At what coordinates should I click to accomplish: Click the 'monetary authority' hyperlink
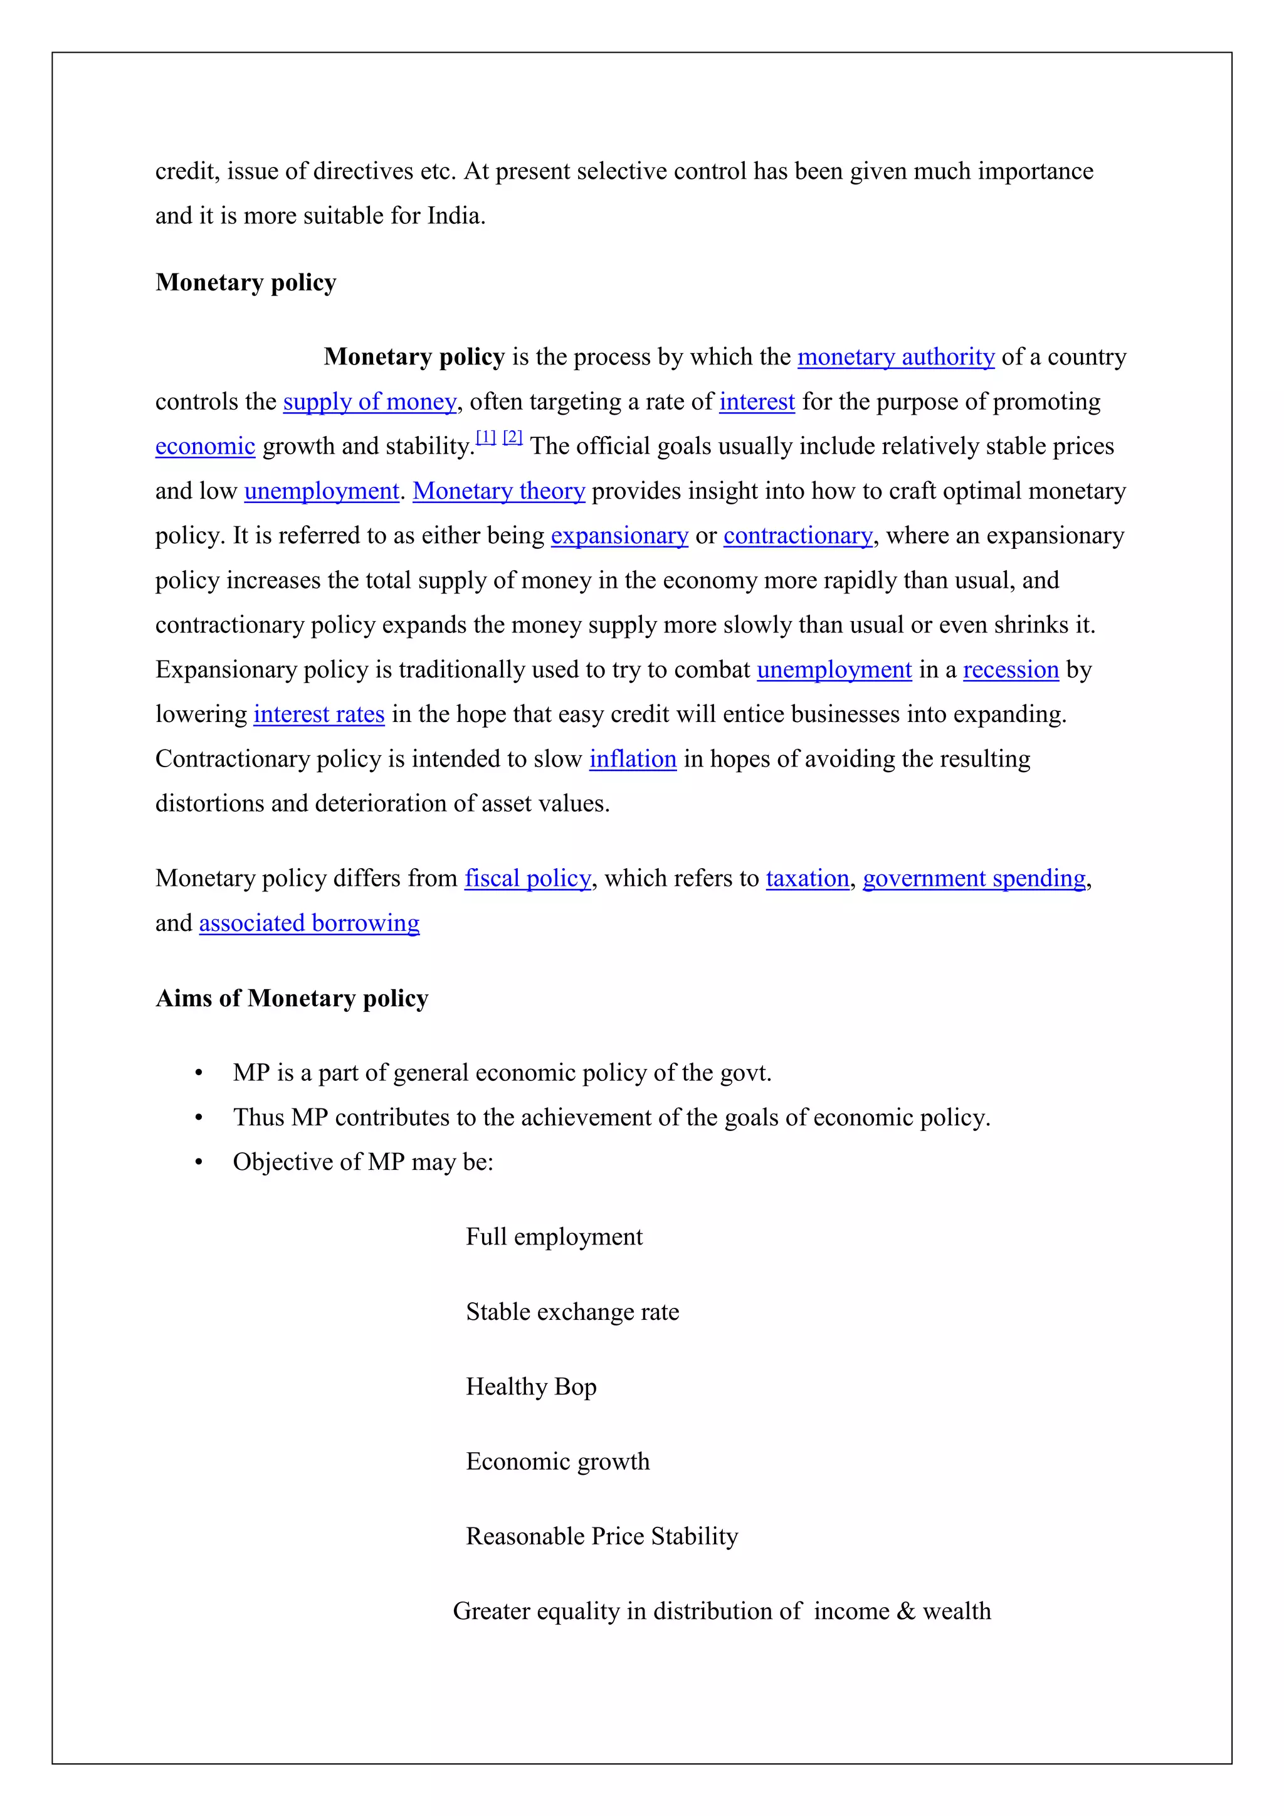(895, 358)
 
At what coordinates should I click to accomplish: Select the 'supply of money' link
(369, 402)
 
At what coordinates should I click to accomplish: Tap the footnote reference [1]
(485, 437)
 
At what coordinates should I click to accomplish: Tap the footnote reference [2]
(512, 437)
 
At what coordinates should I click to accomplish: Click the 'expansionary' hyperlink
(619, 536)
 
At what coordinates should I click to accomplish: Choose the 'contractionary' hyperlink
(797, 536)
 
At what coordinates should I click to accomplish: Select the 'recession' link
(1011, 670)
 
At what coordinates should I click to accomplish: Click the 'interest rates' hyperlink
(318, 714)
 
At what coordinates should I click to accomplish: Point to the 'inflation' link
(633, 759)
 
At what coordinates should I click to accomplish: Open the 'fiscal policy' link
(527, 879)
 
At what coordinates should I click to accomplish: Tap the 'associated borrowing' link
(309, 923)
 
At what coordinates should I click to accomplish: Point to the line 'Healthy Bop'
(530, 1386)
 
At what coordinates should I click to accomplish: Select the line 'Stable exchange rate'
(572, 1312)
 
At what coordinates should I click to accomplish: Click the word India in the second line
(454, 216)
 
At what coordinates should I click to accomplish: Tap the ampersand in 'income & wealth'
(906, 1611)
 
